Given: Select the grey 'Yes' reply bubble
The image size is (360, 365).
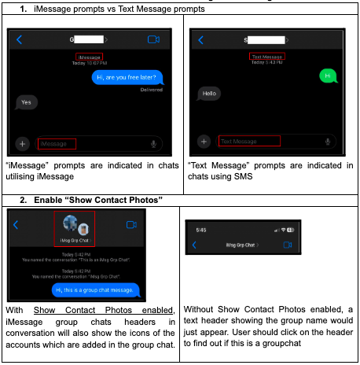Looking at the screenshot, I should click(x=27, y=102).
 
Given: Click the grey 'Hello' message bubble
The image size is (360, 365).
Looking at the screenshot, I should click(x=209, y=93).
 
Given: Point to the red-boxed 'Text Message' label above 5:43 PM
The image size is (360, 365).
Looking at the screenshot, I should click(x=267, y=57).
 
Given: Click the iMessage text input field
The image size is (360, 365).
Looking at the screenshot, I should click(x=57, y=144).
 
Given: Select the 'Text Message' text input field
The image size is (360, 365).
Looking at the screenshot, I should click(x=239, y=142).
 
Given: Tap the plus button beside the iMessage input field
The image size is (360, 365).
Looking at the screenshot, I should click(x=22, y=144).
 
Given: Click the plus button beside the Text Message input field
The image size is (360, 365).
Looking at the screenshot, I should click(x=204, y=142).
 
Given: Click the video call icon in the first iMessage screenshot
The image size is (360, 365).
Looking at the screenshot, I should click(x=153, y=39).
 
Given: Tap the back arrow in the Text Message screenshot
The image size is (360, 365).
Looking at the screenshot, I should click(x=201, y=39).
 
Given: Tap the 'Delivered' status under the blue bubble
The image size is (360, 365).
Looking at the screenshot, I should click(x=152, y=90).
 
